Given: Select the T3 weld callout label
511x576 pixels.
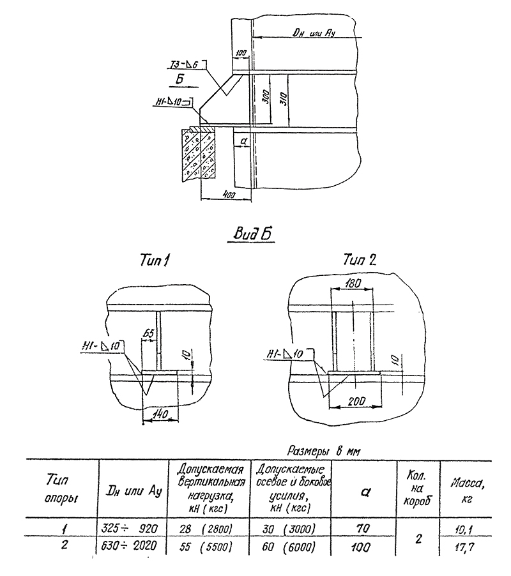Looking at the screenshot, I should [182, 63].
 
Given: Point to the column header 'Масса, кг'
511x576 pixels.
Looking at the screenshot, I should [465, 490].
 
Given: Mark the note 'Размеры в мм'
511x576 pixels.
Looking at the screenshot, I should [324, 451].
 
